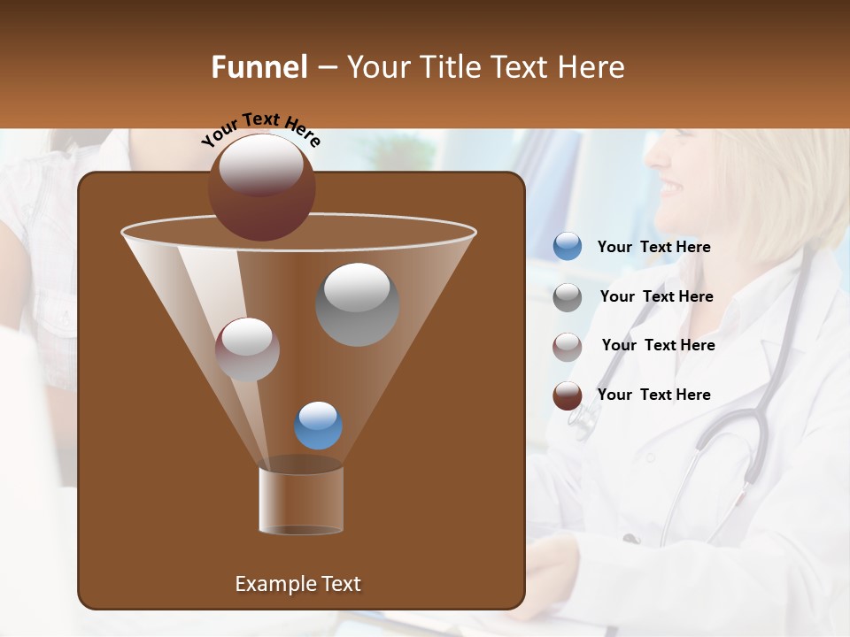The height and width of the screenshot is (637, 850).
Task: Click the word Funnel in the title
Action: pos(259,67)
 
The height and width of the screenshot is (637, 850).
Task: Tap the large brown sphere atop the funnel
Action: pos(262,187)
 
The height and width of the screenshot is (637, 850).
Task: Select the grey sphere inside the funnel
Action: pos(357,304)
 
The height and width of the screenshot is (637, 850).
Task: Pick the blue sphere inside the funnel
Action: pos(318,426)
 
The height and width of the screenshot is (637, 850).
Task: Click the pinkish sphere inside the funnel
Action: pos(247,349)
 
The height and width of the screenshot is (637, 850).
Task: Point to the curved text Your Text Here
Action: pos(260,129)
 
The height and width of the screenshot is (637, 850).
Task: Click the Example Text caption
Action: pos(297,584)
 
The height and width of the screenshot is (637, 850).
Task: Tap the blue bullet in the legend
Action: pos(568,247)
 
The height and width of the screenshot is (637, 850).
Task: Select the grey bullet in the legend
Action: pos(568,296)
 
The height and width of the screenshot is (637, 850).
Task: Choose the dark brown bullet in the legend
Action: pos(568,395)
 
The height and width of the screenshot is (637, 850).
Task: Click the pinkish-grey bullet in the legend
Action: pos(568,346)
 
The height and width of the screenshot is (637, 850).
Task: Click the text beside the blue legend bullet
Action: pos(653,247)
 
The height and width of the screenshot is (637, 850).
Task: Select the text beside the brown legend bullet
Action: pos(653,395)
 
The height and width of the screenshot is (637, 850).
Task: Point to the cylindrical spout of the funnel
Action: pos(301,500)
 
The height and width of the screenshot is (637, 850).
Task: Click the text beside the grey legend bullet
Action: pos(656,296)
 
